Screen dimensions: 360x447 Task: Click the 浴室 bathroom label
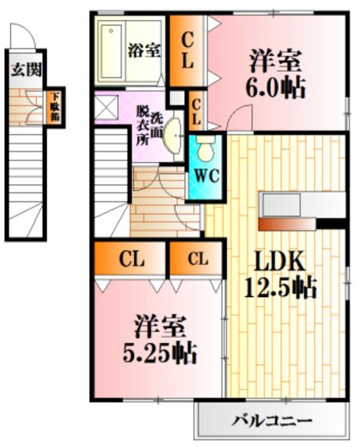pyautogui.click(x=144, y=51)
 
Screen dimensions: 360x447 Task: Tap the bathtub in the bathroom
pyautogui.click(x=112, y=51)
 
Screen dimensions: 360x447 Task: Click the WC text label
pyautogui.click(x=207, y=176)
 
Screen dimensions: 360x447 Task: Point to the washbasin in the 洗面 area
pyautogui.click(x=172, y=136)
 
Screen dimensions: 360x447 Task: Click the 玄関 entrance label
pyautogui.click(x=26, y=69)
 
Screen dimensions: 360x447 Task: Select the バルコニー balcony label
pyautogui.click(x=271, y=420)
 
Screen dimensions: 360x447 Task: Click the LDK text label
pyautogui.click(x=280, y=262)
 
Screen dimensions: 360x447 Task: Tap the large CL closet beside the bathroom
pyautogui.click(x=187, y=51)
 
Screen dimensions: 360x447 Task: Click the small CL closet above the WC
pyautogui.click(x=196, y=111)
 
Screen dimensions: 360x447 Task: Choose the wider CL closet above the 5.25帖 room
pyautogui.click(x=130, y=259)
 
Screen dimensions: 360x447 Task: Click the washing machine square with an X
pyautogui.click(x=106, y=107)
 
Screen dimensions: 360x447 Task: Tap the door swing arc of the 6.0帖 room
pyautogui.click(x=239, y=117)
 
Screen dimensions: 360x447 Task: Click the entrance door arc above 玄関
pyautogui.click(x=23, y=35)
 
